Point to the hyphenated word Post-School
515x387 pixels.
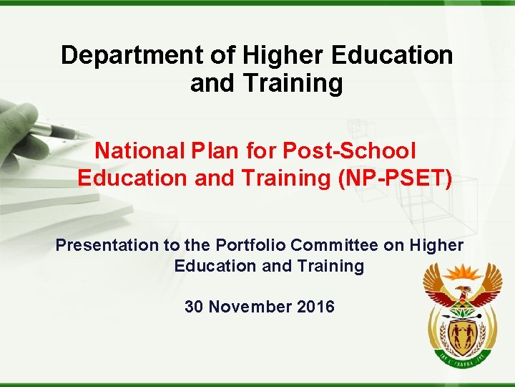tap(349, 150)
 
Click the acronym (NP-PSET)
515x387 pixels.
tap(395, 178)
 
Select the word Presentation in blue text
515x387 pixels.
tap(108, 245)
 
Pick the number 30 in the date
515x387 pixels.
tap(194, 307)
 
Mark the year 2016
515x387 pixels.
tap(315, 307)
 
